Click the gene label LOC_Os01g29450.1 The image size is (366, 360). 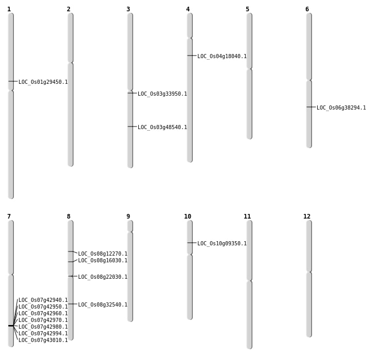click(43, 82)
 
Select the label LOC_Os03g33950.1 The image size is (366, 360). click(162, 94)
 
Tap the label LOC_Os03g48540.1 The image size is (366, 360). click(162, 128)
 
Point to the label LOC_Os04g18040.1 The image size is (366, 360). click(222, 57)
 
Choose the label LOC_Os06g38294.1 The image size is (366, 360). click(341, 108)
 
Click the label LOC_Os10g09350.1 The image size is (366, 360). click(222, 244)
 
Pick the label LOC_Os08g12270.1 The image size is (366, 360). click(103, 254)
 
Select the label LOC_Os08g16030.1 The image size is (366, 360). click(103, 261)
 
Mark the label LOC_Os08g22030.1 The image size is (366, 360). click(103, 277)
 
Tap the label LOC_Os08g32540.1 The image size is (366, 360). click(103, 305)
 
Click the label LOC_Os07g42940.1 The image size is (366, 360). click(43, 300)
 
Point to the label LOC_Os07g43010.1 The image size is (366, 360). click(43, 340)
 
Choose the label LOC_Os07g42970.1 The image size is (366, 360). click(43, 320)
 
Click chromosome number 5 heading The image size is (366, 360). click(247, 9)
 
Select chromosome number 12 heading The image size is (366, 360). click(307, 217)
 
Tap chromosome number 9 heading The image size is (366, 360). click(128, 217)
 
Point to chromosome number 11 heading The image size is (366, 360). click(247, 217)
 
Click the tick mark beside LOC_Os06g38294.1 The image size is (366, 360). click(310, 107)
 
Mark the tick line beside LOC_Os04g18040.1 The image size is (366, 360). click(191, 56)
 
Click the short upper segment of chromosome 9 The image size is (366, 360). click(130, 226)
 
